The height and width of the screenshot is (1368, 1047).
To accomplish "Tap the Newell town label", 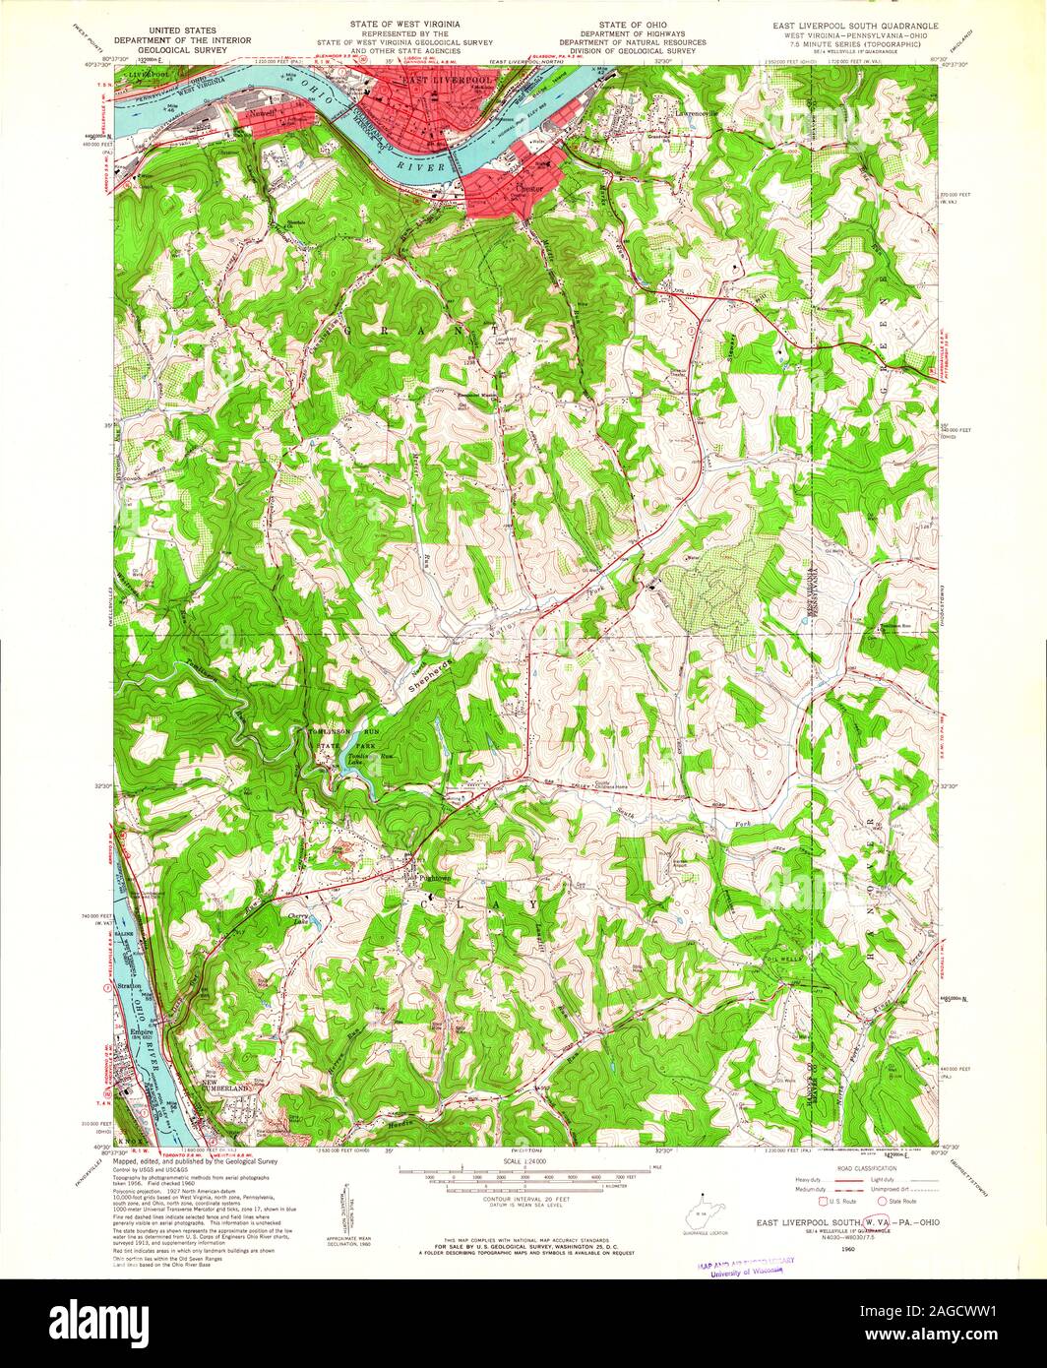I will [x=262, y=114].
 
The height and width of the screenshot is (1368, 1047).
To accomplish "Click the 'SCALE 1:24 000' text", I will [x=522, y=1160].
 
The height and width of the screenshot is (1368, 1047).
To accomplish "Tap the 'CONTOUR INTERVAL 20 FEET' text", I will [x=523, y=1194].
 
